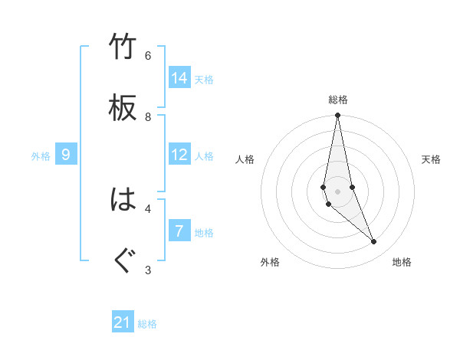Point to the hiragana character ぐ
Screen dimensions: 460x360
[123, 260]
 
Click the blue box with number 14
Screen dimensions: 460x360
[179, 78]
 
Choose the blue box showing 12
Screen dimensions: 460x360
[179, 155]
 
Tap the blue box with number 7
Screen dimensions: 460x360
[179, 231]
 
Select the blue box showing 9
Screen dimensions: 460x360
[66, 155]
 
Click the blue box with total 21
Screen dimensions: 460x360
[123, 322]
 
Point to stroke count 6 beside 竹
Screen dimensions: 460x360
[148, 55]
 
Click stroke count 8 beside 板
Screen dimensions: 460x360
[148, 116]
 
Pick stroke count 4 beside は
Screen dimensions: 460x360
[148, 208]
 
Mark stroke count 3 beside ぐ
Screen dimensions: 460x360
[148, 269]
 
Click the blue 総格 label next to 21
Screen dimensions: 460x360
[147, 324]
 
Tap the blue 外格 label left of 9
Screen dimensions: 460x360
[41, 156]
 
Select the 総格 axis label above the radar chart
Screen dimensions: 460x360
[337, 100]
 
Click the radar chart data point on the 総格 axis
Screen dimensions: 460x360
[337, 116]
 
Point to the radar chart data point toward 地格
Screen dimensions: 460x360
[374, 242]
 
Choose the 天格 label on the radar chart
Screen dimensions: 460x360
[432, 159]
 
